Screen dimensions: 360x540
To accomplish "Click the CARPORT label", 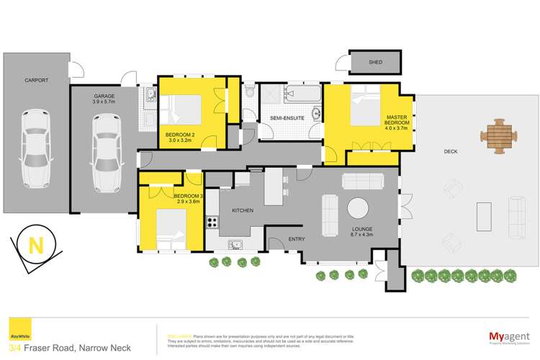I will click(x=36, y=80).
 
